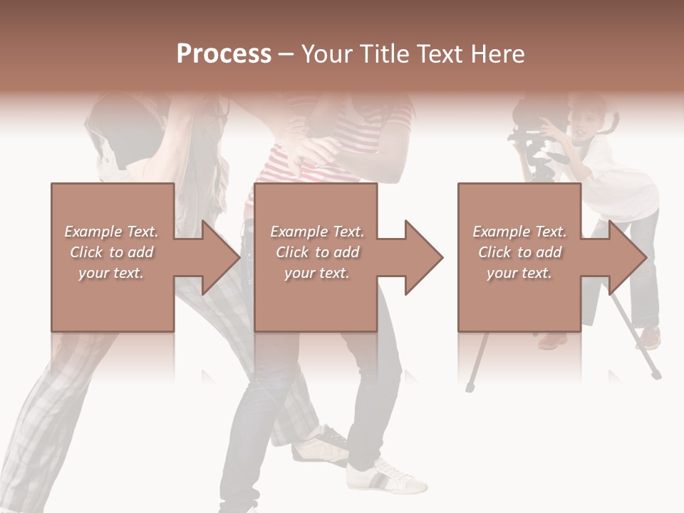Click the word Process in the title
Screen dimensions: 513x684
click(224, 53)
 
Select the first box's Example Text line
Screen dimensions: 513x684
click(111, 232)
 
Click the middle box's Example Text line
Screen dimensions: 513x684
click(316, 232)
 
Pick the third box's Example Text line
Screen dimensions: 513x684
click(519, 232)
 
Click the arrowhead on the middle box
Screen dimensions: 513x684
click(423, 257)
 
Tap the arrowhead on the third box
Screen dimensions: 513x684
click(627, 257)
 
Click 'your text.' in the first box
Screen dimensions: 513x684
click(111, 273)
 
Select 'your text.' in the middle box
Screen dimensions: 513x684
click(316, 273)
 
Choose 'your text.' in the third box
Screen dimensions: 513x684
click(519, 273)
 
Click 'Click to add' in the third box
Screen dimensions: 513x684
click(519, 252)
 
